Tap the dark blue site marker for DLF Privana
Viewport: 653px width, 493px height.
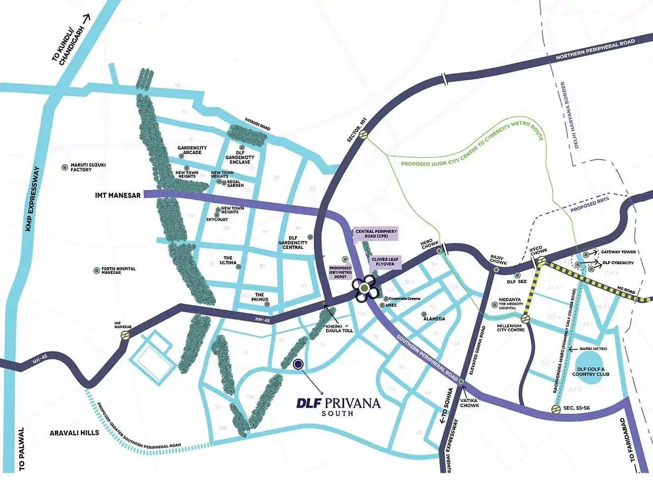click(297, 364)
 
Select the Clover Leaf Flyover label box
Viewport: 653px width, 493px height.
click(385, 262)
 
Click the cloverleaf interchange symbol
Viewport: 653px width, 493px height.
click(364, 288)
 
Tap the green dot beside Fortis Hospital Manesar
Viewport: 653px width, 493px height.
click(97, 271)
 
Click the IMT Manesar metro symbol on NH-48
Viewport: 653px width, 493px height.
click(126, 335)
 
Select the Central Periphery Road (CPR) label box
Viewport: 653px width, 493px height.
click(376, 234)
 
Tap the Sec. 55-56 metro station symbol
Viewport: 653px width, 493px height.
click(555, 409)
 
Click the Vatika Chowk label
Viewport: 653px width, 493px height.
click(469, 403)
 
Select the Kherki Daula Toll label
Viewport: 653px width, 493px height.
click(339, 328)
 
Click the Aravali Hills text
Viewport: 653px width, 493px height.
click(74, 433)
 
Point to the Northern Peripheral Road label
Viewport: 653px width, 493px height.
click(595, 50)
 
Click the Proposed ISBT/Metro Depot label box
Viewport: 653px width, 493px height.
click(340, 272)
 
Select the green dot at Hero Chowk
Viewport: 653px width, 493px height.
click(439, 251)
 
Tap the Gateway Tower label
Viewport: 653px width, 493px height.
click(618, 252)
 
